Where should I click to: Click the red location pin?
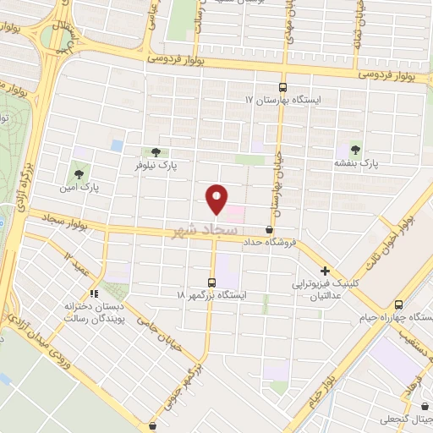click(x=217, y=199)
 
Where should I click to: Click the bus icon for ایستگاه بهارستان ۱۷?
click(x=282, y=86)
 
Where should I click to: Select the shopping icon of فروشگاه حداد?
click(x=270, y=229)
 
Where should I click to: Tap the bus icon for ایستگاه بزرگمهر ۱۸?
click(x=211, y=281)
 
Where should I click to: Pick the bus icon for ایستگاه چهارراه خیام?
click(x=398, y=304)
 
